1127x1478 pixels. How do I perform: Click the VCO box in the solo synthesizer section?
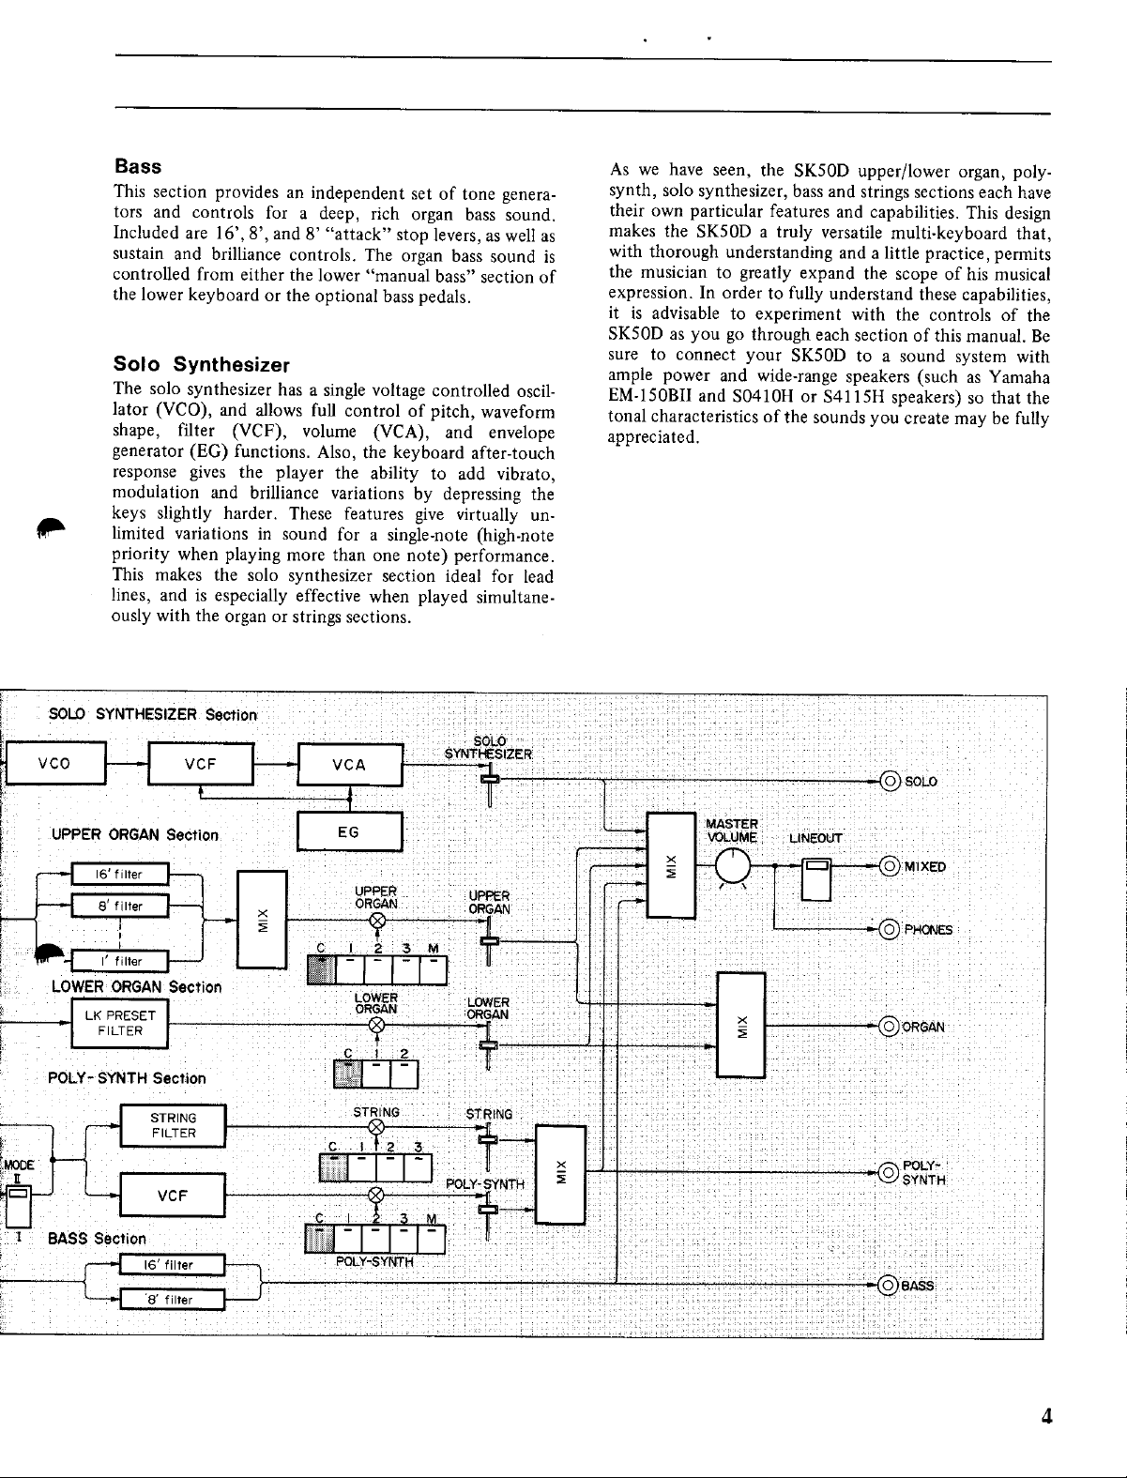coord(56,763)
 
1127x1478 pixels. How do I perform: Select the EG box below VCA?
coord(349,831)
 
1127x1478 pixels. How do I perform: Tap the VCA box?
coord(350,764)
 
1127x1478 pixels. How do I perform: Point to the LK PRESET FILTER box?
coord(120,1023)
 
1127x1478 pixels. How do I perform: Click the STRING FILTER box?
coord(173,1125)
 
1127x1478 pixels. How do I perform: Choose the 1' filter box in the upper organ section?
coord(120,961)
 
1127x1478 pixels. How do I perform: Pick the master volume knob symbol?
coord(733,866)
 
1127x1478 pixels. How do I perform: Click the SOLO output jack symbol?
coord(890,781)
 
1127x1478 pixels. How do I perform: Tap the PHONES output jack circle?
coord(890,930)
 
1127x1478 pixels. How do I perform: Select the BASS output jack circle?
coord(889,1286)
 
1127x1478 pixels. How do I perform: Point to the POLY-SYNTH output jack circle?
coord(889,1172)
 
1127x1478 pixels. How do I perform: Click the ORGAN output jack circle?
coord(889,1027)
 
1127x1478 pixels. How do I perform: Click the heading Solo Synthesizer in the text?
coord(202,364)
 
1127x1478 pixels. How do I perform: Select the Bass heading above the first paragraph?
coord(138,166)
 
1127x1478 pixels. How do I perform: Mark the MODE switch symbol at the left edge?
coord(18,1207)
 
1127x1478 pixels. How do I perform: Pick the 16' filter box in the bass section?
coord(173,1265)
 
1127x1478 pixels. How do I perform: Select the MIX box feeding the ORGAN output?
coord(741,1026)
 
